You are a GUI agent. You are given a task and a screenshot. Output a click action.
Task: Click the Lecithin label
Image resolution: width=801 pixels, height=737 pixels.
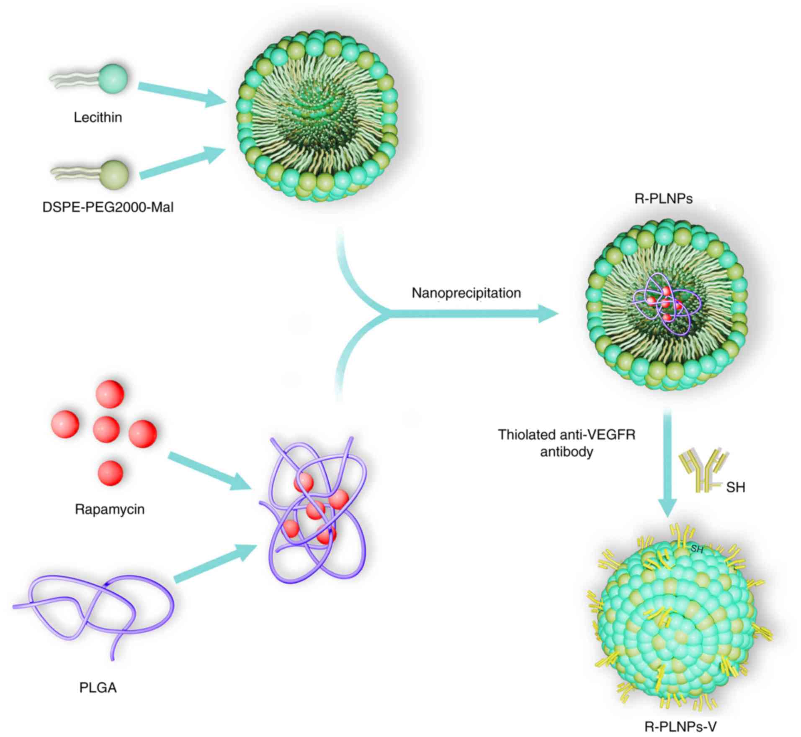98,118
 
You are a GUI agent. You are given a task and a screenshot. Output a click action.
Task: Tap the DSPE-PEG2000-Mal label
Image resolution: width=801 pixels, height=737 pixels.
108,207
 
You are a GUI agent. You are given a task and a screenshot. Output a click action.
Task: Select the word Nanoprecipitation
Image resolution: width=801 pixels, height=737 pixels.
466,293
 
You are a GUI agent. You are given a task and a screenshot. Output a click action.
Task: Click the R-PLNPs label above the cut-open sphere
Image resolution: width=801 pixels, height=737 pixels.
663,199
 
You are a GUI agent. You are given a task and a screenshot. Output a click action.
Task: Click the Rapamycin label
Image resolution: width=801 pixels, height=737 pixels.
110,509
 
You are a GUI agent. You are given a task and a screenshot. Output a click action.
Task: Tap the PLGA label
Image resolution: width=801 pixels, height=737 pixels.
98,687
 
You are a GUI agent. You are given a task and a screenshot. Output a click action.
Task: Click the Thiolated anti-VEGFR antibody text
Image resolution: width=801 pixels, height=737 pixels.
566,443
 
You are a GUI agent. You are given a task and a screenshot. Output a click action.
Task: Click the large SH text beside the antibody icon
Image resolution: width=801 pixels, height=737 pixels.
735,488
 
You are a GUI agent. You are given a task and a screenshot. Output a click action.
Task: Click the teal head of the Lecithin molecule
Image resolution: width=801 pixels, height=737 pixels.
112,79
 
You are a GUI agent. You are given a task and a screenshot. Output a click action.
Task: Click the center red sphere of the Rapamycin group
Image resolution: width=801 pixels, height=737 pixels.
106,430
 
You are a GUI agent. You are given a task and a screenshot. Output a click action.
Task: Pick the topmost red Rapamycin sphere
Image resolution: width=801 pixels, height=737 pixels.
110,394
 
